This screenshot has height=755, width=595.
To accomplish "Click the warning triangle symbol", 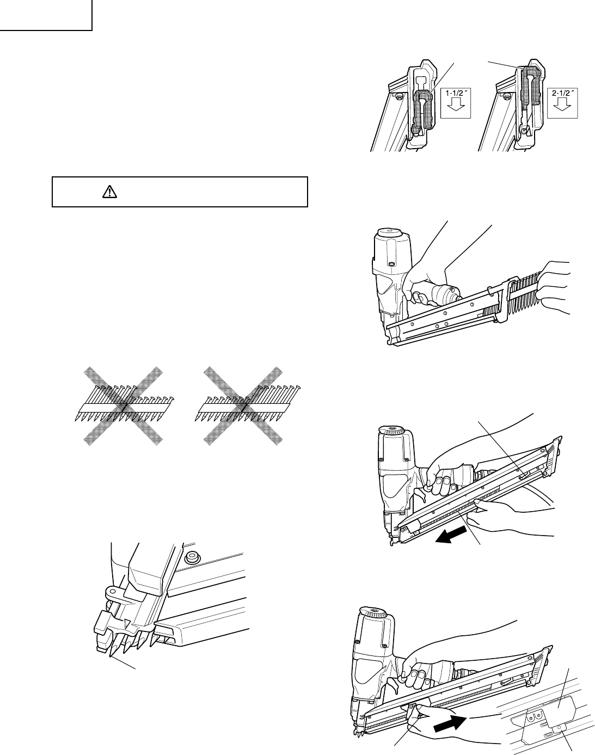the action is [x=109, y=192].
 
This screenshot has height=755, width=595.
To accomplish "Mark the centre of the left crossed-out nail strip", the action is [x=124, y=406].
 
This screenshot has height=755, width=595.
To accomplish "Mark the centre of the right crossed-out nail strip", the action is [x=243, y=406].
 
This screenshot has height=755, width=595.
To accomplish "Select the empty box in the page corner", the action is [x=46, y=15].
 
